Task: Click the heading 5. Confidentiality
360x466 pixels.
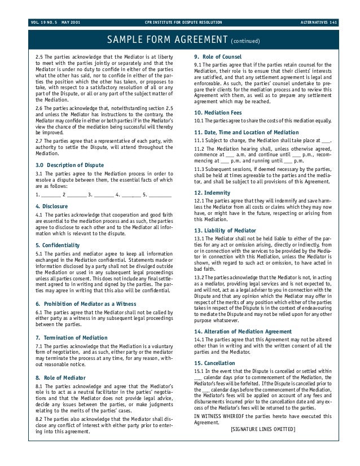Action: coord(58,245)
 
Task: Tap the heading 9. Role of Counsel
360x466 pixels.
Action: coord(218,58)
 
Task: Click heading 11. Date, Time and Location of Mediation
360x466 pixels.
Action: coord(246,132)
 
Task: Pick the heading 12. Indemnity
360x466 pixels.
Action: coord(212,192)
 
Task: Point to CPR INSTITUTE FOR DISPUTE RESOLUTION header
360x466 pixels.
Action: coord(183,22)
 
